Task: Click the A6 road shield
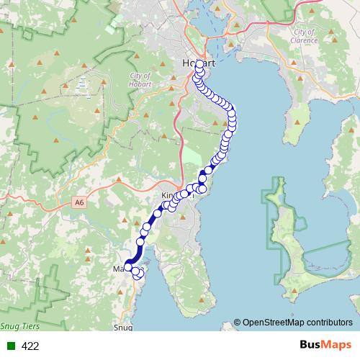point(78,204)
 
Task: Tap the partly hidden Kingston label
point(170,196)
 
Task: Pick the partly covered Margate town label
point(119,269)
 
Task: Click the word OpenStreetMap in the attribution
point(272,322)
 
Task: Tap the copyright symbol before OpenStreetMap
point(238,322)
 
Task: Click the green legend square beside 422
point(11,346)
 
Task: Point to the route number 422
point(30,346)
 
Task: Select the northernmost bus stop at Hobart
point(199,64)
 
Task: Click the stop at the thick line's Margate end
point(129,267)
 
